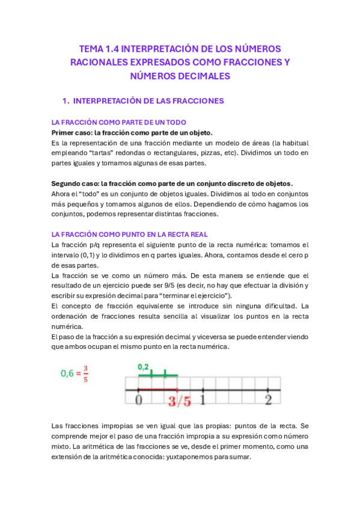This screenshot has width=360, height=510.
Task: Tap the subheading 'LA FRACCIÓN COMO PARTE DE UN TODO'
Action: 118,122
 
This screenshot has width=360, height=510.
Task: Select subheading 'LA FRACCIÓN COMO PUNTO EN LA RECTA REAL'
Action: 130,234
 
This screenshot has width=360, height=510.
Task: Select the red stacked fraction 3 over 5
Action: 85,373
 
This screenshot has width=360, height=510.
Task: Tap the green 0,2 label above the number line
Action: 143,366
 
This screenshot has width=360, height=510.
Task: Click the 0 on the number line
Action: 139,399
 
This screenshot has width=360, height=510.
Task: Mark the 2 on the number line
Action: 268,399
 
